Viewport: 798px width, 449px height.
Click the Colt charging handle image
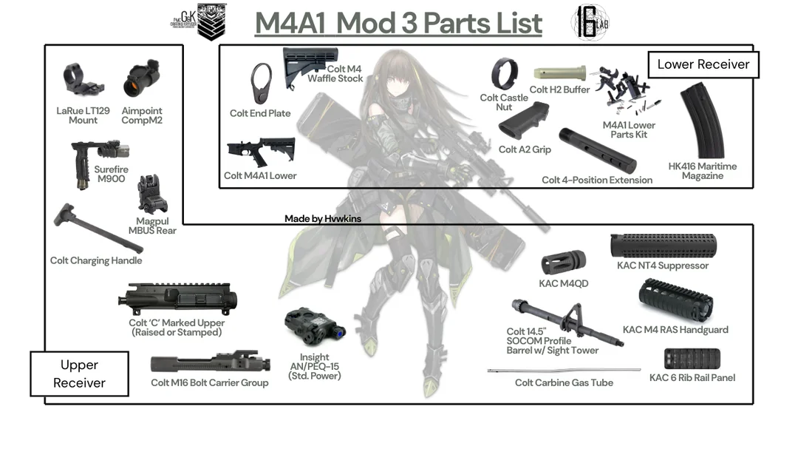(x=96, y=228)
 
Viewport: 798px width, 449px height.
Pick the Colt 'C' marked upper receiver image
(x=178, y=300)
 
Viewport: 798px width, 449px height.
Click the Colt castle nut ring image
(x=505, y=74)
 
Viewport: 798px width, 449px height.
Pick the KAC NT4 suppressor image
(x=662, y=246)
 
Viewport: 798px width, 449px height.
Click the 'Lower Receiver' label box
(x=703, y=65)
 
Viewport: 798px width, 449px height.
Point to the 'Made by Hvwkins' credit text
(x=322, y=219)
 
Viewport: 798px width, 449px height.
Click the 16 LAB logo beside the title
(x=590, y=23)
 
